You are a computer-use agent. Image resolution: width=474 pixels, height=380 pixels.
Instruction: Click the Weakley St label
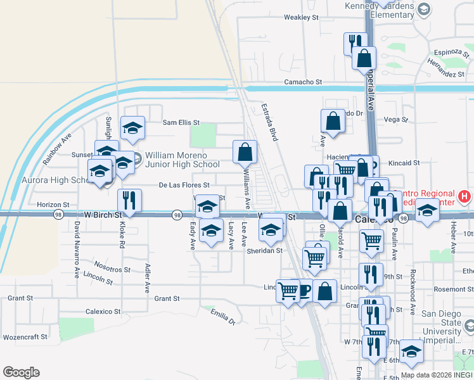coord(301,18)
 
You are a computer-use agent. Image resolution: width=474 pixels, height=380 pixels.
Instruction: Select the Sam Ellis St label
coord(181,123)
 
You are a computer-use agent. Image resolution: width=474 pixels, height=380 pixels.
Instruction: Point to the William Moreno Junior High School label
coord(183,160)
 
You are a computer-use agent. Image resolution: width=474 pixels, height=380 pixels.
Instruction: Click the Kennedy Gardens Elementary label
coord(379,10)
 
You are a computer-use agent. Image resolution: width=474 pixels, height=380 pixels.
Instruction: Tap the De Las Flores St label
coord(184,186)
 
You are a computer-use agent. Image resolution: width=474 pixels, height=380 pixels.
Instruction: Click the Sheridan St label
coord(264,251)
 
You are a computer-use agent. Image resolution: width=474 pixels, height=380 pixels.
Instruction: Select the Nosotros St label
coord(112,269)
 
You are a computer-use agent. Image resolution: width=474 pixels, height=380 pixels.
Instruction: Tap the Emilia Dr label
coord(223,316)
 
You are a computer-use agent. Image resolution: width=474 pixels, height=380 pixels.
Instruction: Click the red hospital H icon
coord(465,197)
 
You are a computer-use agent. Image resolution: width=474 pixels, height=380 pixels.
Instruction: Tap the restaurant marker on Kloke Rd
coord(130,200)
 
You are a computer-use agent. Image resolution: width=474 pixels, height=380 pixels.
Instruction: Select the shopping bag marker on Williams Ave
coord(245,152)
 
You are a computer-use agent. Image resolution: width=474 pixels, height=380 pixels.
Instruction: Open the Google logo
coord(21,372)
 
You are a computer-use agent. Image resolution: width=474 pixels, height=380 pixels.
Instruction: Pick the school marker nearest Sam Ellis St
coord(133,128)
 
